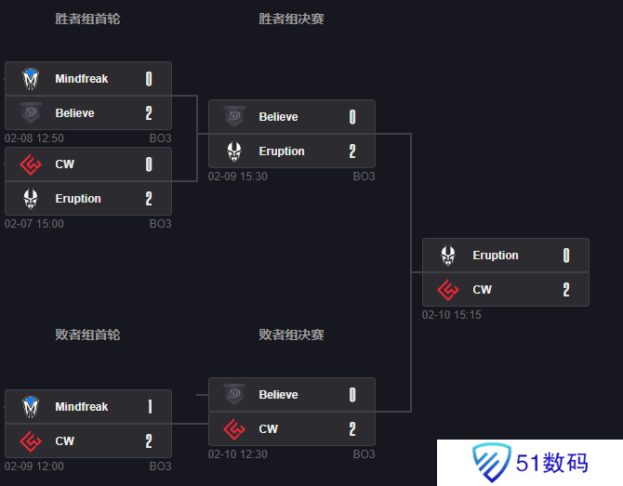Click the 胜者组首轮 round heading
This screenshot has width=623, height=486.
87,19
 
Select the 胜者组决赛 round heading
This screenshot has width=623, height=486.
291,19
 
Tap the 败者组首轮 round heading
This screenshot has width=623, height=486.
87,335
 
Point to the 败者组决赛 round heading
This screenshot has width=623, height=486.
291,335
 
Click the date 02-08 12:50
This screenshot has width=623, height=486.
34,138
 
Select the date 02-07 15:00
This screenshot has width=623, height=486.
34,224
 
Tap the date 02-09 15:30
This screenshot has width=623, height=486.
238,177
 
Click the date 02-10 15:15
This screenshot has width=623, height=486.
451,315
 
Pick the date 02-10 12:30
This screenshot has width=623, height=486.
238,453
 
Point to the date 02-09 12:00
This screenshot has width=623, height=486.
34,466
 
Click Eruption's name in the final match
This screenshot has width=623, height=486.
496,256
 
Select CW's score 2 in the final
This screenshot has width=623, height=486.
566,289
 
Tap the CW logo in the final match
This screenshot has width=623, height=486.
448,289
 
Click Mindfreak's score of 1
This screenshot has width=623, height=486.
150,407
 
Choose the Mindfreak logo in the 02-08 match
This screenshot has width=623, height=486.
31,79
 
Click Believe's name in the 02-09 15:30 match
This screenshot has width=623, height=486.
278,117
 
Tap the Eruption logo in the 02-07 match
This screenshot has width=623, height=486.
31,199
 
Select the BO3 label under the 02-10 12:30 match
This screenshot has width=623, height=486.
364,453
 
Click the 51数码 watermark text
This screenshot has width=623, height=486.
552,463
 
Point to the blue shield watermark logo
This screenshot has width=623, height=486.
491,462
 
